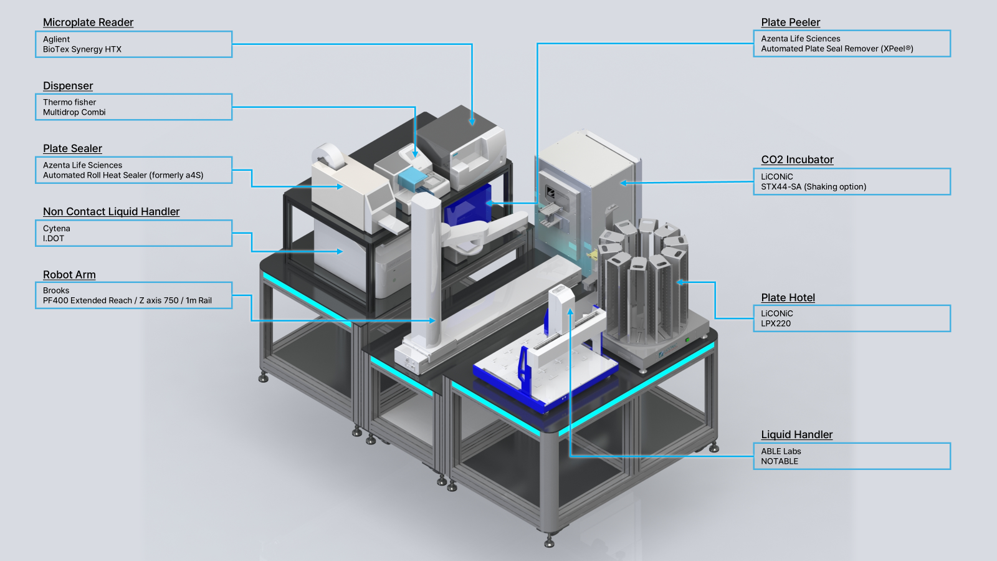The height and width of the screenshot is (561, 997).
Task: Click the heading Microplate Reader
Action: pyautogui.click(x=88, y=22)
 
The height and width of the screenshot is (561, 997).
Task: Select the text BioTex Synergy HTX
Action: pyautogui.click(x=82, y=49)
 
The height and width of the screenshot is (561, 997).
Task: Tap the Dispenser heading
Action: pyautogui.click(x=68, y=85)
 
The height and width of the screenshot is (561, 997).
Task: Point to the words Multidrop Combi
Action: pyautogui.click(x=74, y=112)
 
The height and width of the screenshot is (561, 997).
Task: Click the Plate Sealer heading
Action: pyautogui.click(x=72, y=148)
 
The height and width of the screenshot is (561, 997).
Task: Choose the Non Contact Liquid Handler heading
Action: pyautogui.click(x=112, y=211)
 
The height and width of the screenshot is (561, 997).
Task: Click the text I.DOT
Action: pyautogui.click(x=54, y=239)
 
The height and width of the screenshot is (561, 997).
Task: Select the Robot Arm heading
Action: pyautogui.click(x=69, y=275)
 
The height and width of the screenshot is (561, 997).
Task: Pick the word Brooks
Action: pyautogui.click(x=56, y=290)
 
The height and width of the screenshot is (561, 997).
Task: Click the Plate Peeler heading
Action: pyautogui.click(x=791, y=22)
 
